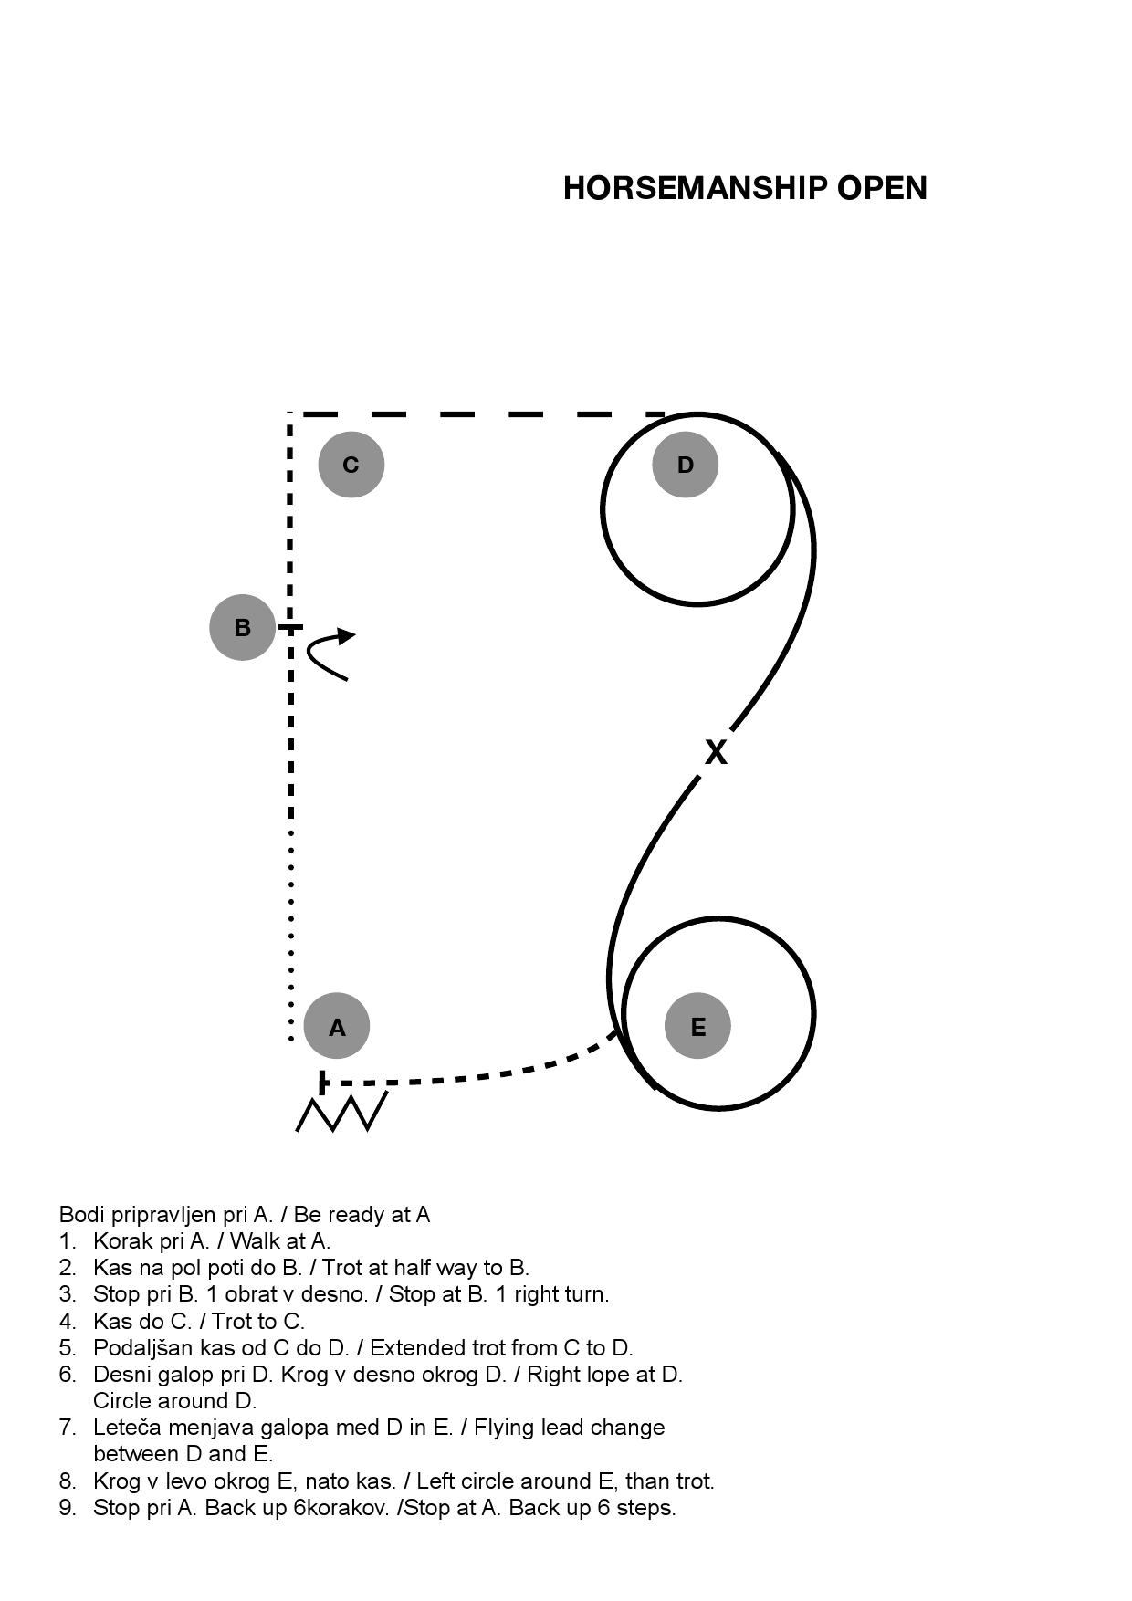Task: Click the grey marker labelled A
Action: (x=337, y=1026)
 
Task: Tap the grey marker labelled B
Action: (x=243, y=627)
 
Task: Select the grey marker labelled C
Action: (x=351, y=465)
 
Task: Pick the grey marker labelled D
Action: (x=686, y=465)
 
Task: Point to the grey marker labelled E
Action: (x=698, y=1026)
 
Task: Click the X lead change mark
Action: (x=717, y=752)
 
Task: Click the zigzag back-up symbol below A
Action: (x=341, y=1111)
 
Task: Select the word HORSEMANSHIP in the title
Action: (x=695, y=188)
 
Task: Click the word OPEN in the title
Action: (x=882, y=188)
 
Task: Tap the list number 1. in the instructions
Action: (x=67, y=1241)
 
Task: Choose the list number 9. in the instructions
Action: (x=68, y=1507)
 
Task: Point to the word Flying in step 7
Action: (x=502, y=1428)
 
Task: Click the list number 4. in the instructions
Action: (x=68, y=1321)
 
